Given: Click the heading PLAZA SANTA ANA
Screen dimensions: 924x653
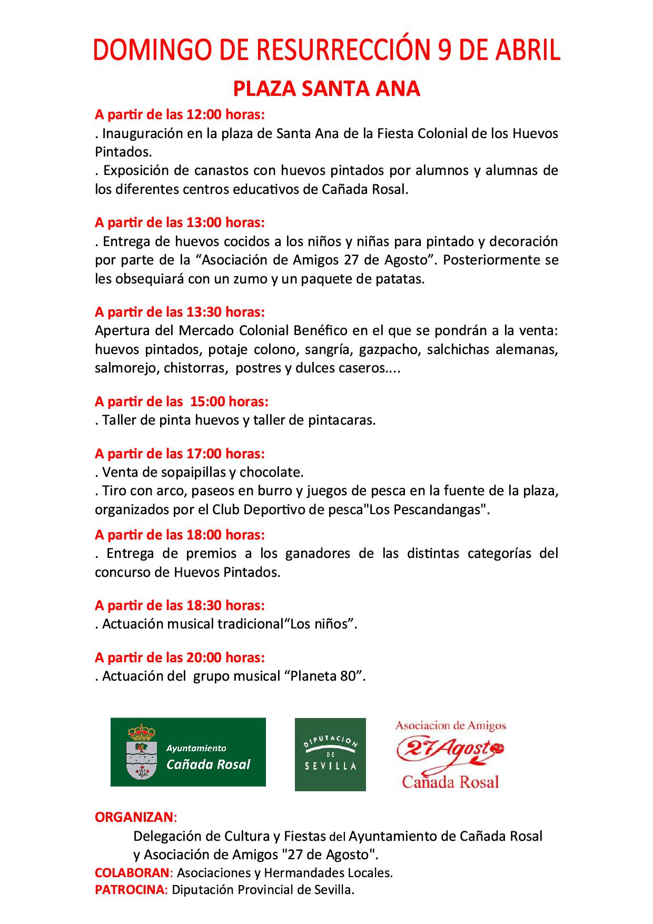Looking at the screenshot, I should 326,89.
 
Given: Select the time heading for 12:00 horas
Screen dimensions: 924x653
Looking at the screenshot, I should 180,114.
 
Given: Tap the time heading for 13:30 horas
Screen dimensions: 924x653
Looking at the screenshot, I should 180,312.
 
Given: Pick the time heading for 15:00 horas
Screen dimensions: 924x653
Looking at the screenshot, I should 182,401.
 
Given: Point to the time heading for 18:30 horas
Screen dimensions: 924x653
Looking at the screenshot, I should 180,605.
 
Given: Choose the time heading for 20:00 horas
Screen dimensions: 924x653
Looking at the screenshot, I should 180,657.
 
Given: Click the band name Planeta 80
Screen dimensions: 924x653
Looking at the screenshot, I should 325,676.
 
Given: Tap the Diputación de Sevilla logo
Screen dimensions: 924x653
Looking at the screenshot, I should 330,754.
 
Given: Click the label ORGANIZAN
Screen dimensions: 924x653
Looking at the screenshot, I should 134,817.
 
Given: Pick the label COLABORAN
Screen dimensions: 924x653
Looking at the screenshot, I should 132,872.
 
